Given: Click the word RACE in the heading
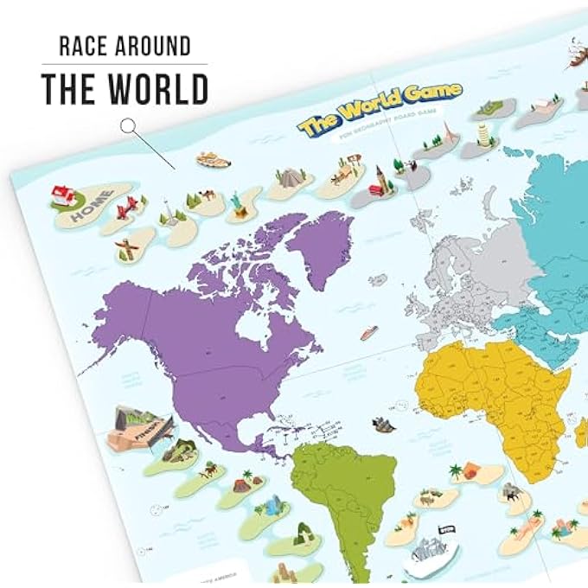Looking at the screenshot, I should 82,46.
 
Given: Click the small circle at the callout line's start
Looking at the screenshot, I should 128,126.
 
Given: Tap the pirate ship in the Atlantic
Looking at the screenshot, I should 382,425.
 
